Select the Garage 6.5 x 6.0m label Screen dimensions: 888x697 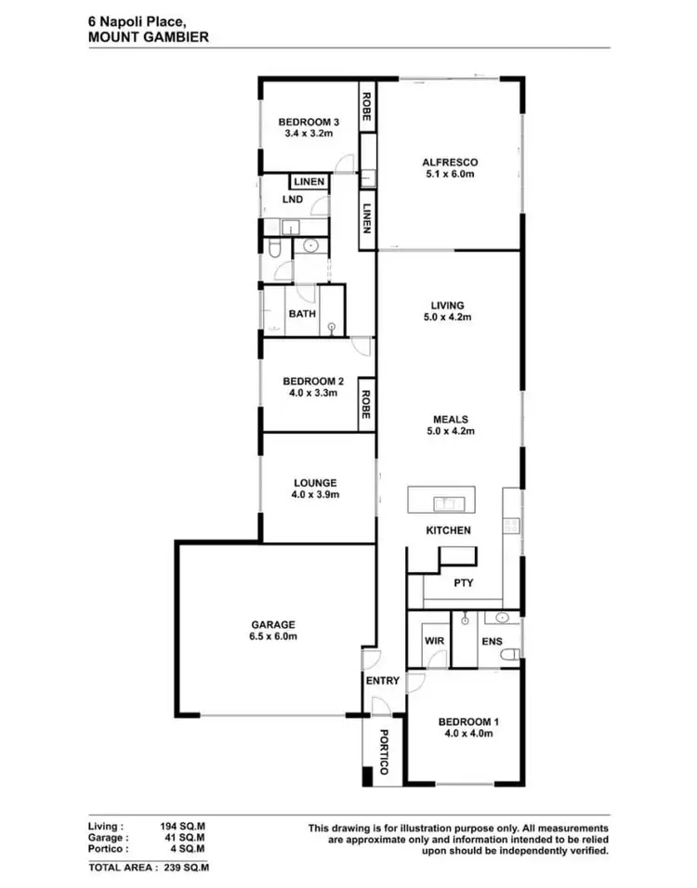pos(273,631)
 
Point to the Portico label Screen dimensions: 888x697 pos(382,753)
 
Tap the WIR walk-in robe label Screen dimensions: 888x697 pos(432,641)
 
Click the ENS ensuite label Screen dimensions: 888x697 pos(492,641)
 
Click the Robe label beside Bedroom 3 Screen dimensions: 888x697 pos(367,106)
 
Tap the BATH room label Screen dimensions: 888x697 pos(301,314)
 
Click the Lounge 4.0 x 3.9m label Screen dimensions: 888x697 pos(315,489)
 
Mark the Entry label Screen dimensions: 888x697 pos(382,681)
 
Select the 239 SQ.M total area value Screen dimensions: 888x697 pos(183,867)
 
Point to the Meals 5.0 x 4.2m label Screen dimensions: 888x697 pos(450,424)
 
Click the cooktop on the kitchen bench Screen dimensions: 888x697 pos(510,524)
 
